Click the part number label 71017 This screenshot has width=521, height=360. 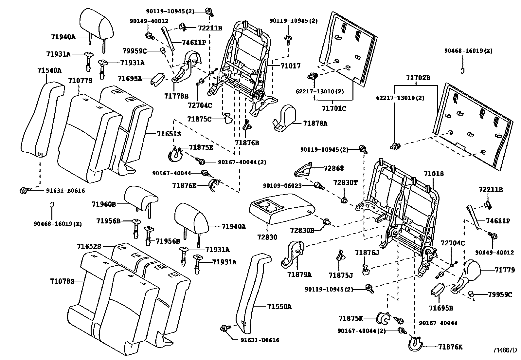(x=291, y=66)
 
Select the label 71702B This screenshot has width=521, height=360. (x=418, y=78)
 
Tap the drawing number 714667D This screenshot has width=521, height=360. (x=505, y=350)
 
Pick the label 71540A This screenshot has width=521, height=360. (x=49, y=70)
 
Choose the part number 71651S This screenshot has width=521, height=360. (x=169, y=134)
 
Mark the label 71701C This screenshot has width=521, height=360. (x=334, y=108)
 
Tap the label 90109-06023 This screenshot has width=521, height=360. (x=282, y=186)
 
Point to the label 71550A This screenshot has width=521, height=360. (x=279, y=307)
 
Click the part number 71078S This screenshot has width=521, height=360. (x=62, y=281)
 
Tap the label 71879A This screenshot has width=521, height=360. (x=299, y=275)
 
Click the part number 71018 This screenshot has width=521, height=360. (x=434, y=174)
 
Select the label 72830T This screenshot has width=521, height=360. (x=345, y=182)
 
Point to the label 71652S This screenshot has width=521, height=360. (x=89, y=246)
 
